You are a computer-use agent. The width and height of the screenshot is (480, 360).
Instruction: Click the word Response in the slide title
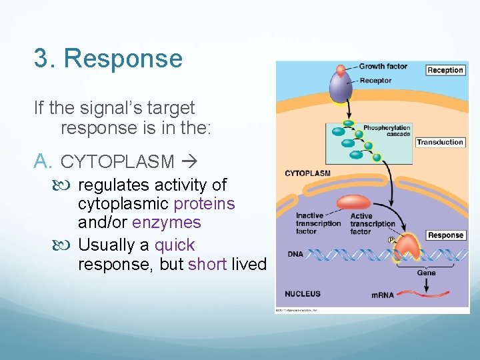click(x=123, y=59)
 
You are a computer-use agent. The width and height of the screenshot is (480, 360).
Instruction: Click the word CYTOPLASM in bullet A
click(x=117, y=161)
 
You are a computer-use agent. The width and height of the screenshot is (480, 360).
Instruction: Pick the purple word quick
click(x=175, y=245)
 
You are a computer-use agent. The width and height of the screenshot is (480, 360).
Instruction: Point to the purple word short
click(x=207, y=264)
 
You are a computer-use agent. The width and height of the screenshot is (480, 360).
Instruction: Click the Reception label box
click(x=445, y=70)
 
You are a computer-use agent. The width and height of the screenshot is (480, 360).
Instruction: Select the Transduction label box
click(x=439, y=142)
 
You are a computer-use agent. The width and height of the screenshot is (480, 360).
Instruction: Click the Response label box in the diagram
click(x=445, y=235)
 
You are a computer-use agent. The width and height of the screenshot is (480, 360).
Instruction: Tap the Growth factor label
click(x=383, y=67)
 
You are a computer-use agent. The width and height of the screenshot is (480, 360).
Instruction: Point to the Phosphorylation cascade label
click(x=387, y=130)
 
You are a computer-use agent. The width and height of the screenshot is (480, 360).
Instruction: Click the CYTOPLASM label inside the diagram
click(x=307, y=173)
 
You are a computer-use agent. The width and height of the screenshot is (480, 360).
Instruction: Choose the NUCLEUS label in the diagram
click(x=303, y=293)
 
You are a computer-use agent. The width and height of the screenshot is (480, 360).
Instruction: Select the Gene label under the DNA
click(x=426, y=272)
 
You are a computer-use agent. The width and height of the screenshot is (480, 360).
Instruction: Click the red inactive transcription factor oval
click(x=354, y=203)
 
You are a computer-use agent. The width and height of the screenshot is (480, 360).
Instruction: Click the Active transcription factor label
click(x=372, y=223)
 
